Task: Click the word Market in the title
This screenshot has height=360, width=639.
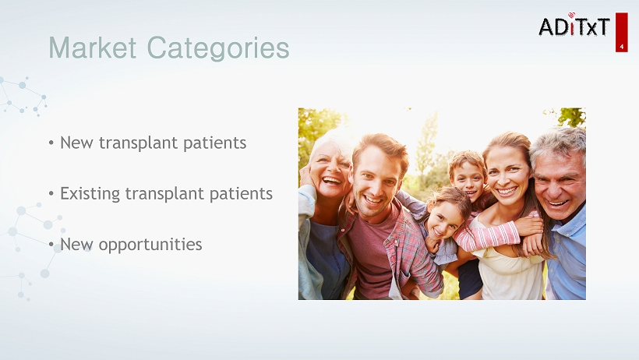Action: click(x=93, y=48)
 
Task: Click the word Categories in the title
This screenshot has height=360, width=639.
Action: click(x=218, y=49)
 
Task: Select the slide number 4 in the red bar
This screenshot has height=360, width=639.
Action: click(x=622, y=47)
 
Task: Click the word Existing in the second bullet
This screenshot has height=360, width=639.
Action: click(x=90, y=194)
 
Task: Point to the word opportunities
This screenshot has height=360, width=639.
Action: click(x=150, y=245)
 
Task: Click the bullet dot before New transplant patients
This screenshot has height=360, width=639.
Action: click(x=51, y=143)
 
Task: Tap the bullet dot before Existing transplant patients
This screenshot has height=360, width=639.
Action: click(x=51, y=193)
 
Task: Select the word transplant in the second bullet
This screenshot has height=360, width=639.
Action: click(x=164, y=194)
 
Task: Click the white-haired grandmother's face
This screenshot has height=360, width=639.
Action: click(x=331, y=171)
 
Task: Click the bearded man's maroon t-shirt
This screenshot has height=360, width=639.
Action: click(x=371, y=252)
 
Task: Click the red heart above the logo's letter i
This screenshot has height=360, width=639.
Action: click(x=571, y=15)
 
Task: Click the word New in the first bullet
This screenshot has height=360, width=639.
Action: click(x=76, y=143)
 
